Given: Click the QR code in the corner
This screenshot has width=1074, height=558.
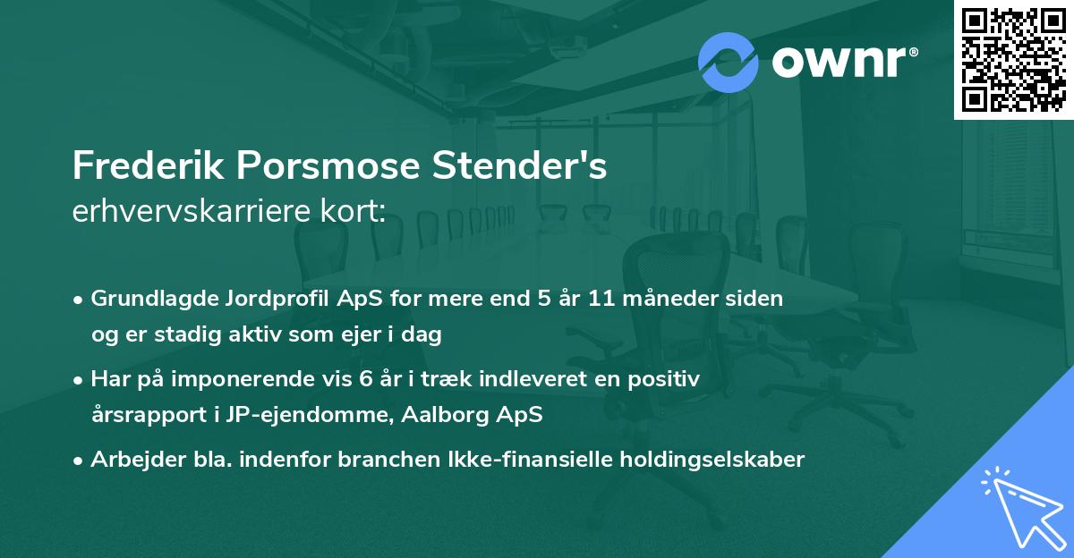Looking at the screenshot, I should click(1013, 60).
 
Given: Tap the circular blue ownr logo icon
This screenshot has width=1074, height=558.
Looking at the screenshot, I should click(729, 62).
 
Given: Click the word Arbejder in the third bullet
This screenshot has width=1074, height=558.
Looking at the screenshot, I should click(131, 460).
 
